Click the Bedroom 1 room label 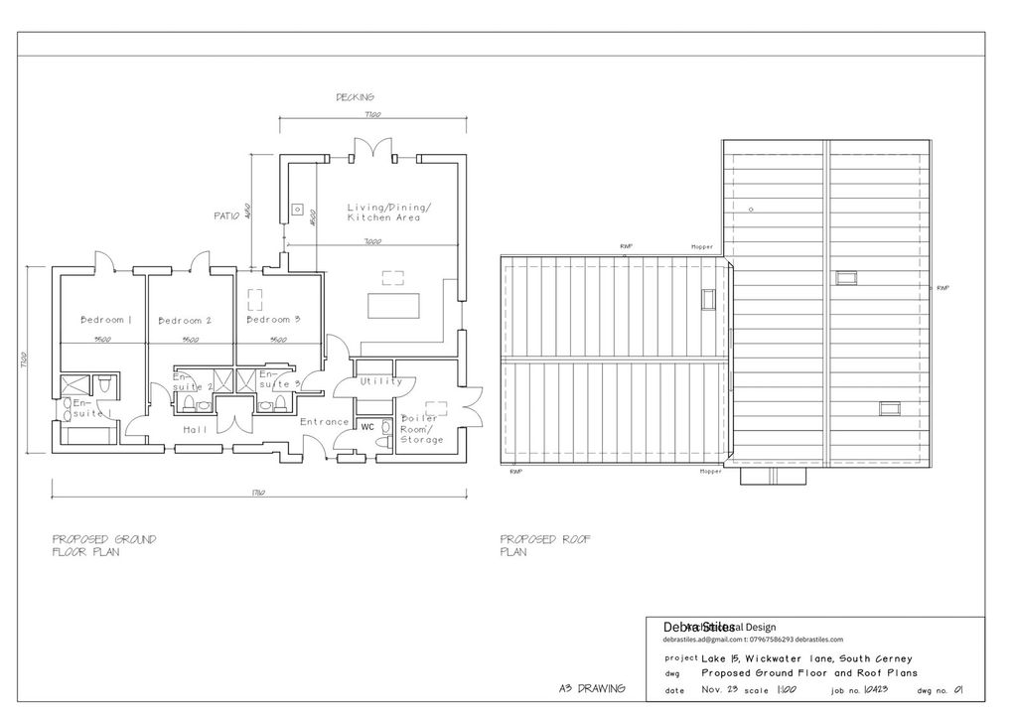(x=106, y=320)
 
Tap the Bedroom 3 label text (x=273, y=320)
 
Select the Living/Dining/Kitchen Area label (x=389, y=213)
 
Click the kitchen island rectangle (x=395, y=305)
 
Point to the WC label (x=367, y=427)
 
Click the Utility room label (x=381, y=381)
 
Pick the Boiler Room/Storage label (x=422, y=429)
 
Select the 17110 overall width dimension (x=256, y=495)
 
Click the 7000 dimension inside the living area (x=372, y=242)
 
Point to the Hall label (x=195, y=430)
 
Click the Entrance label (x=325, y=422)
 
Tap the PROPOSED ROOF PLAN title (x=545, y=545)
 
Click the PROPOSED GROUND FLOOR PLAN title (x=103, y=545)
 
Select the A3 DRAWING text (x=592, y=688)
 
